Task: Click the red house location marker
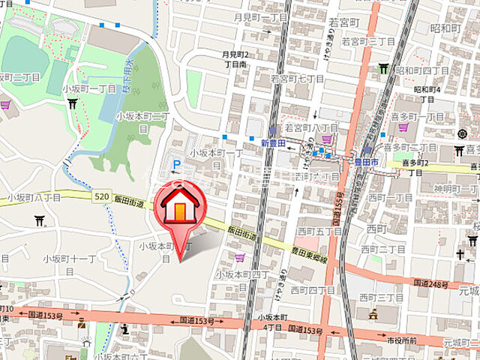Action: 180,206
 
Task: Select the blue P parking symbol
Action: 177,163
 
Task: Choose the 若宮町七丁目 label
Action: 297,78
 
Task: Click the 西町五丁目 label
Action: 319,232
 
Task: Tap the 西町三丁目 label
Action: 378,298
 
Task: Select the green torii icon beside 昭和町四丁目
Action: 384,69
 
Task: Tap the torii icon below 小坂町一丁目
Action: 72,104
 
